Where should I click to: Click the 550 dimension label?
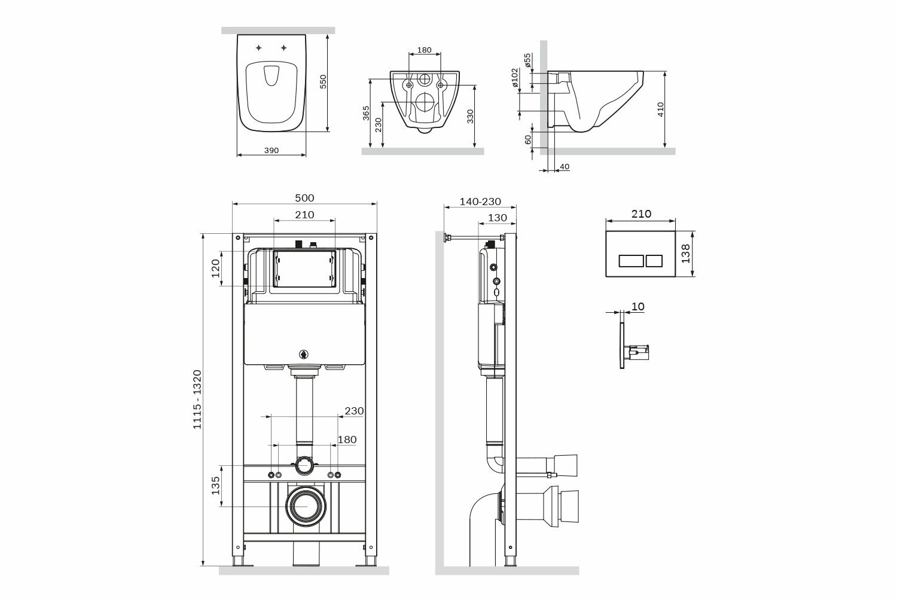[323, 81]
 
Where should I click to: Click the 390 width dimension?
[271, 151]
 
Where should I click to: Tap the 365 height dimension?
[366, 113]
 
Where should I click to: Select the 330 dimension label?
[470, 116]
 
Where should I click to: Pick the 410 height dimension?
[660, 109]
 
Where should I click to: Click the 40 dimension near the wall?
[565, 167]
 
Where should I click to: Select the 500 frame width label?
[304, 198]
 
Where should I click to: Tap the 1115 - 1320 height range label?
[197, 399]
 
